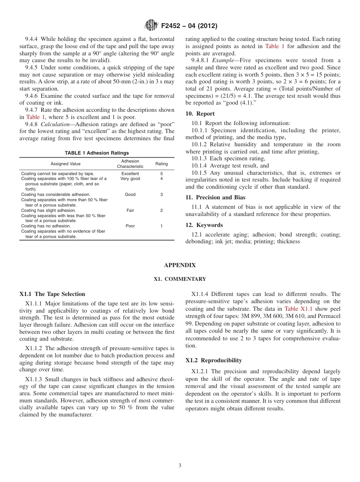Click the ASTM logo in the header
pos(152,26)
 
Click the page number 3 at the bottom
pos(180,465)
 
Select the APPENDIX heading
pos(180,265)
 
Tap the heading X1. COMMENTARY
pos(180,279)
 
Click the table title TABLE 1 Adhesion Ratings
pos(97,153)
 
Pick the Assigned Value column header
pos(66,164)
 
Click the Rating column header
pos(161,164)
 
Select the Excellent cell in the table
pos(130,174)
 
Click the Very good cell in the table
pos(130,178)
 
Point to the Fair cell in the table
pos(130,210)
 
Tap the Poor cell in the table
pos(130,226)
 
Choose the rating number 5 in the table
pos(161,174)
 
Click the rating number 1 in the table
pos(161,226)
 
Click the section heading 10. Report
pos(200,114)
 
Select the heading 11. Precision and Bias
pos(215,197)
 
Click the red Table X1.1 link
pos(299,309)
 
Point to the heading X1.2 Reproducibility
pos(214,360)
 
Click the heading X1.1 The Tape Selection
pos(52,294)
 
